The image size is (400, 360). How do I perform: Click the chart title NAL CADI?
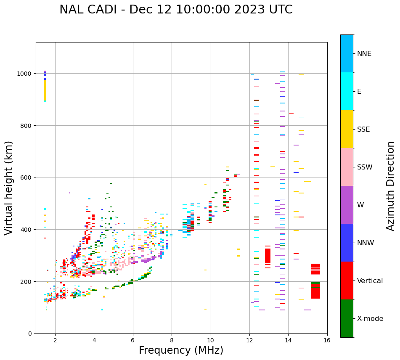[176, 10]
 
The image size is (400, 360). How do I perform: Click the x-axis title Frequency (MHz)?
[181, 350]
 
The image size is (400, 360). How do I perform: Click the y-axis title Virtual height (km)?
[9, 188]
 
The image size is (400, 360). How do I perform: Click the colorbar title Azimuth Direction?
[391, 186]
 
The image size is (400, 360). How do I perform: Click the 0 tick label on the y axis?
[31, 334]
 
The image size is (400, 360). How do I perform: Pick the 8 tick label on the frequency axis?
[172, 341]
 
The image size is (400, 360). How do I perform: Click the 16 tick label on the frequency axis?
[327, 341]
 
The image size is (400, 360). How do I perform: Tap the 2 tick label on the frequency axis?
[55, 341]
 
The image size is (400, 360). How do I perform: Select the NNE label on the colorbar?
[364, 53]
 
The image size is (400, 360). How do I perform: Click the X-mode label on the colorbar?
[370, 318]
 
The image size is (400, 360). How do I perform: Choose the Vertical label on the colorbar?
[370, 281]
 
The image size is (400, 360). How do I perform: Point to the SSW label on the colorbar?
[365, 167]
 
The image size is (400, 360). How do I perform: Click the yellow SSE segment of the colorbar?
[347, 129]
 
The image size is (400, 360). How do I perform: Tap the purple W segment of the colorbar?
[347, 205]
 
